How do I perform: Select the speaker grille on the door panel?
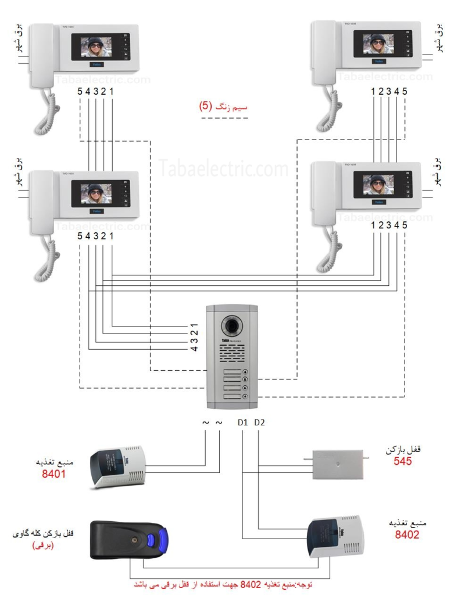click(232, 352)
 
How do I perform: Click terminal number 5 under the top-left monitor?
click(80, 91)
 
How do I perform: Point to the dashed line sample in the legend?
click(224, 119)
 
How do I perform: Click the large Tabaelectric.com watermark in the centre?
click(224, 169)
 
